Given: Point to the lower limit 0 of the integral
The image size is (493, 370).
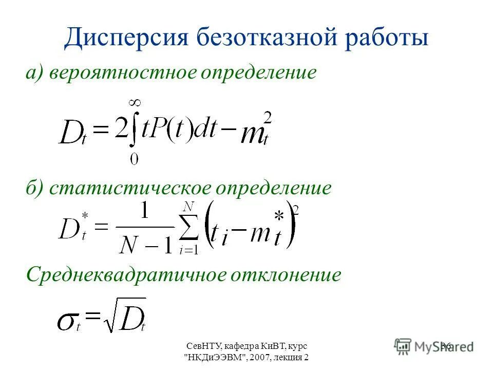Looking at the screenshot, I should tap(134, 160).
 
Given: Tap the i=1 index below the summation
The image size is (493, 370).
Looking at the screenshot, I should tap(189, 251).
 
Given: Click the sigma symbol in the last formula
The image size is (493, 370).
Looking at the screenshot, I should tap(67, 321).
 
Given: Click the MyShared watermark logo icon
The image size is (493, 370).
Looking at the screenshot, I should tap(403, 346).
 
